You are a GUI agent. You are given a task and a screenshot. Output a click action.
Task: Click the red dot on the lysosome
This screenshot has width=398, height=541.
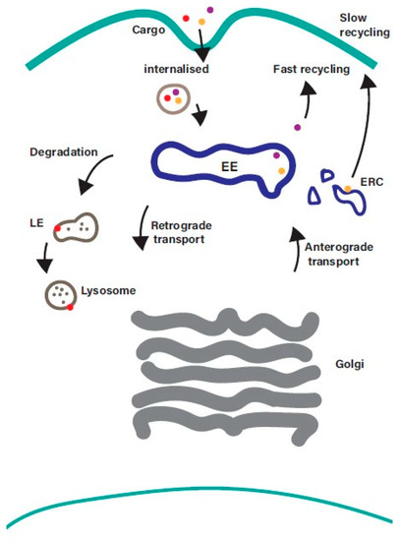[70, 308]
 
